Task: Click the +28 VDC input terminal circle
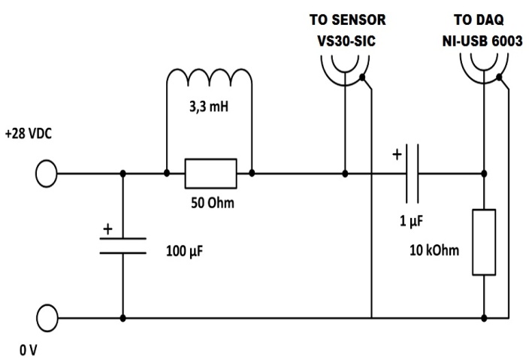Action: click(46, 174)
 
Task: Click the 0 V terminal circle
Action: click(46, 317)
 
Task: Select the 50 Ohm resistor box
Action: click(210, 174)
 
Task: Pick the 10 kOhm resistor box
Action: click(483, 242)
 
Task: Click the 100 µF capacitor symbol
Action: click(123, 246)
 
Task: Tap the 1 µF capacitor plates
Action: click(413, 174)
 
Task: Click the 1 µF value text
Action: click(412, 222)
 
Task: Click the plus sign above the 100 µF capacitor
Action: click(107, 228)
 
